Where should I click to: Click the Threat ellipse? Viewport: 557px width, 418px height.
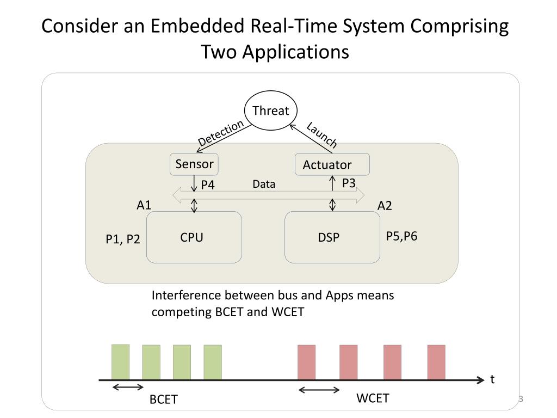[271, 110]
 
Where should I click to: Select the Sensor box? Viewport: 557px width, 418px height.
[194, 164]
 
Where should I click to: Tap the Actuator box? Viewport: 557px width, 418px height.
[332, 164]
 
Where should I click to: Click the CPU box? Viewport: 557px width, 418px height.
[194, 237]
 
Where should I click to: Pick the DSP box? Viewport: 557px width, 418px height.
[332, 237]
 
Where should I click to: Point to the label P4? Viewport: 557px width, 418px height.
[208, 185]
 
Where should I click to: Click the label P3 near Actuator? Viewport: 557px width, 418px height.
[349, 183]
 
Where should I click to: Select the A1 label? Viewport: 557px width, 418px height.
[144, 205]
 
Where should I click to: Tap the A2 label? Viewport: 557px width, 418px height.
[385, 206]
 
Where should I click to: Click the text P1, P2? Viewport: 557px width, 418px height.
[123, 239]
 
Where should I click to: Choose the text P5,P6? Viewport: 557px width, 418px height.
[402, 236]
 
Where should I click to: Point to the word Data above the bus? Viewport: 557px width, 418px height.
[264, 184]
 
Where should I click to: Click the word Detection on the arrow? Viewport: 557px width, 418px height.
[221, 133]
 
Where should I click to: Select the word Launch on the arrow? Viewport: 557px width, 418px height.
[322, 134]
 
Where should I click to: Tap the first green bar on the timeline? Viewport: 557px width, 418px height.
[120, 362]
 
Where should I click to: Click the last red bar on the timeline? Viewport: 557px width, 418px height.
[436, 362]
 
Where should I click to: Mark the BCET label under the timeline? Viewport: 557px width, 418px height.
[163, 399]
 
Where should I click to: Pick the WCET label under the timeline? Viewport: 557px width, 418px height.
[373, 398]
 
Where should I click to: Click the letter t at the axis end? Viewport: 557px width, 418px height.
[492, 379]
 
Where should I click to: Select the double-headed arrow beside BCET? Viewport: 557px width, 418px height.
[128, 387]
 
